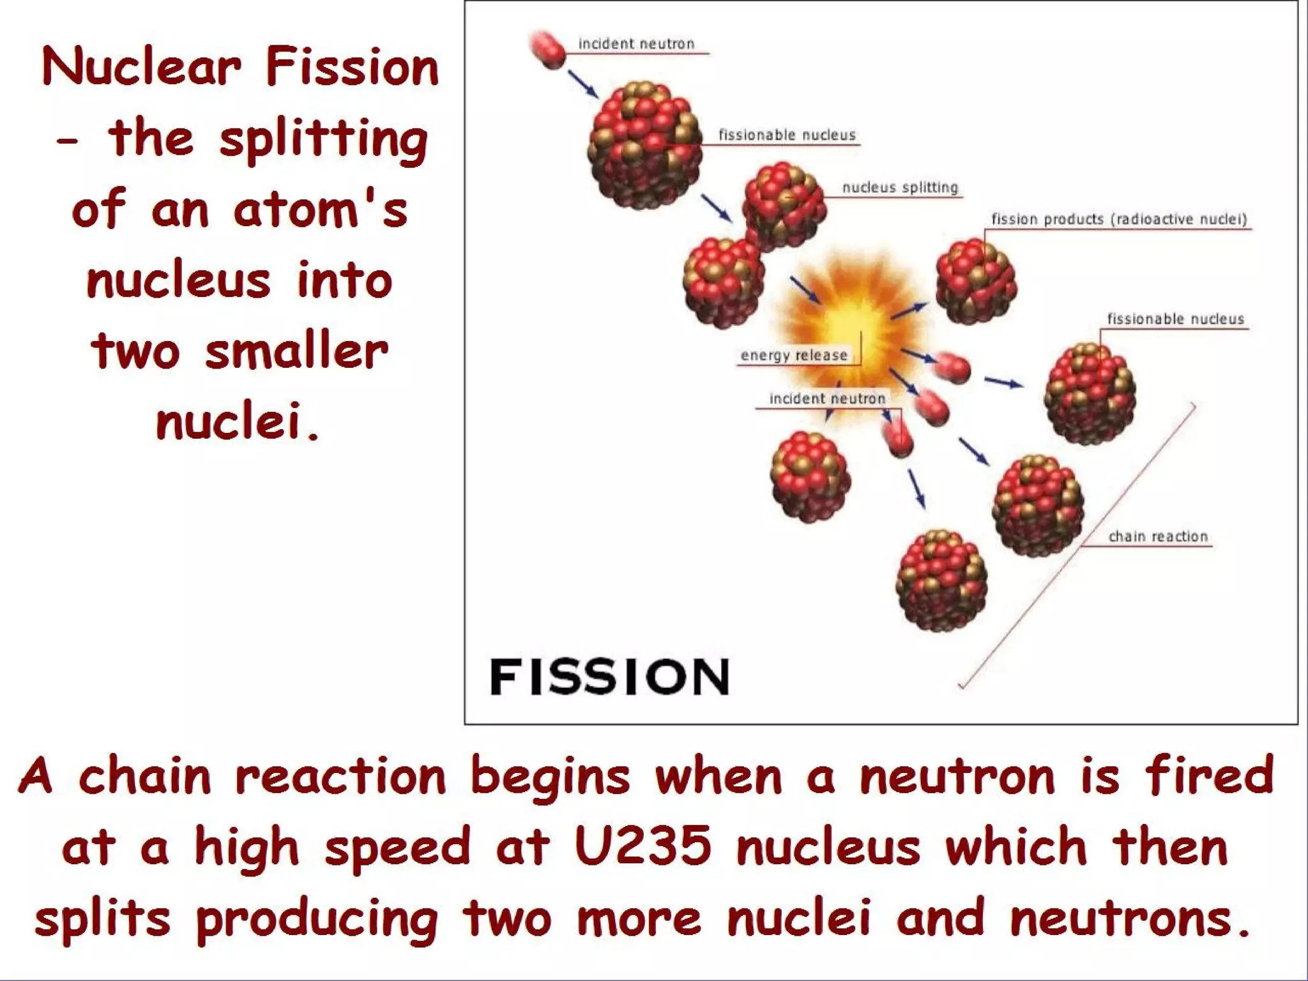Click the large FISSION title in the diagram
609,677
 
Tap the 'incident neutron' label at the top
636,44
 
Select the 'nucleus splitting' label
900,187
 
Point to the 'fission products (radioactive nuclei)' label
1119,219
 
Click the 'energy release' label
794,355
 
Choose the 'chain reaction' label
1158,536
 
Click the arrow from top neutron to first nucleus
582,84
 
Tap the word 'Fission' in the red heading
353,68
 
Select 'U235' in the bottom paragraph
643,846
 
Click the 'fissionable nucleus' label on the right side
1175,319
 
